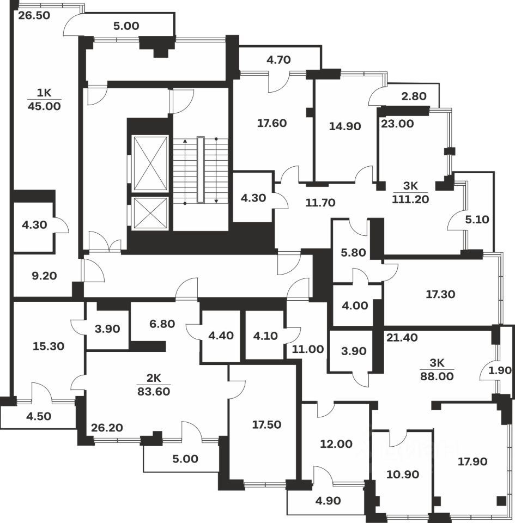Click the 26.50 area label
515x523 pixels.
[x=34, y=15]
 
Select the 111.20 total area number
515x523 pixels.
[x=410, y=199]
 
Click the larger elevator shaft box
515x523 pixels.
[x=150, y=163]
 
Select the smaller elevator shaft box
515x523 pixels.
[x=150, y=212]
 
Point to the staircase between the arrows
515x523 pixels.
[x=201, y=170]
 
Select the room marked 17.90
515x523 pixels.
[x=472, y=461]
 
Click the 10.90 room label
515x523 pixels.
[x=402, y=475]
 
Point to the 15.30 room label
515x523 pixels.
[x=46, y=346]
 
